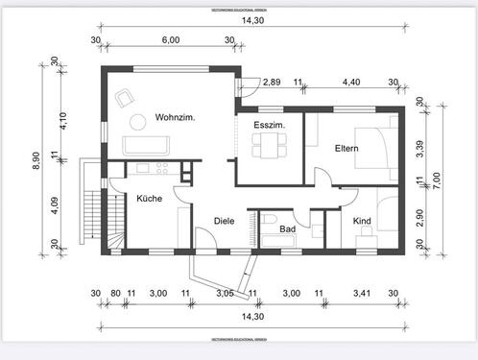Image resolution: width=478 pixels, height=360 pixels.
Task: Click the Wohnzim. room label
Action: tap(175, 117)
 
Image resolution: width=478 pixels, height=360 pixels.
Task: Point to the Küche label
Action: tap(149, 199)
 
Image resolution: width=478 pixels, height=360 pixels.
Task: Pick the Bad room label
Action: tap(287, 229)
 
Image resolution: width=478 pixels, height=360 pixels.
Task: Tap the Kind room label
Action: tap(363, 222)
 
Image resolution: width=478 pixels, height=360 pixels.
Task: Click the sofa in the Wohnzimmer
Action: tap(147, 144)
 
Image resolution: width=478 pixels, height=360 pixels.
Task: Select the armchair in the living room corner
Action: tap(125, 97)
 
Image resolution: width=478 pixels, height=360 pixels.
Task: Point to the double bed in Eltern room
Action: tap(372, 149)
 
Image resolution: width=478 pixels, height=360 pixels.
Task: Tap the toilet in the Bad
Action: tap(266, 223)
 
